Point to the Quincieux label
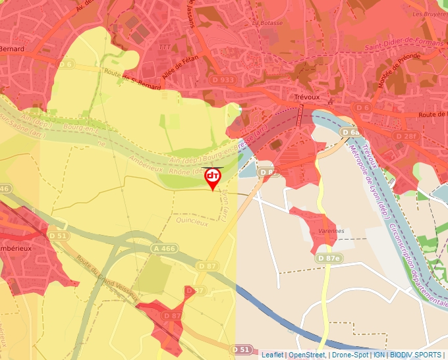(x=192, y=222)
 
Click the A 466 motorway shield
(x=164, y=248)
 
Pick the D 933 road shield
(x=224, y=80)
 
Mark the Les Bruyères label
(x=426, y=13)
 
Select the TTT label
(x=164, y=47)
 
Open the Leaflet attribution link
(x=272, y=355)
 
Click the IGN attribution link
(x=379, y=355)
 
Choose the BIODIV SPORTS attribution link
(x=416, y=355)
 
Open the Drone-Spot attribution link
(x=350, y=355)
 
